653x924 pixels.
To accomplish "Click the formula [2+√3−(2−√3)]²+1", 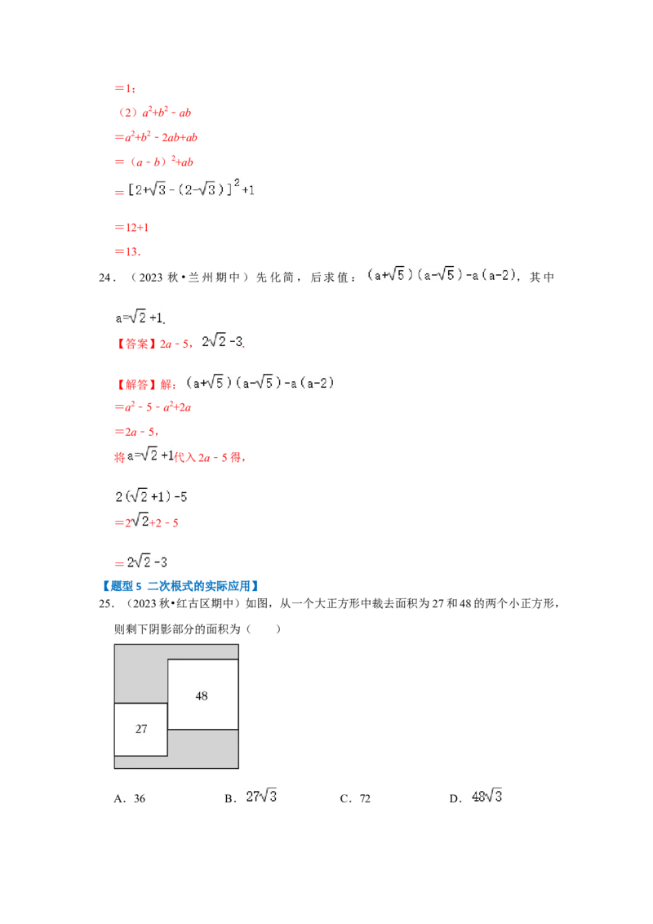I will point(193,190).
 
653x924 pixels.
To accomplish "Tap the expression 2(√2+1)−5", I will point(151,496).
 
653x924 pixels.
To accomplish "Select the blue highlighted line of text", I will point(180,586).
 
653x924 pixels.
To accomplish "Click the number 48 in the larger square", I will point(202,695).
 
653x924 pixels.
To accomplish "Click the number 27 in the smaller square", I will point(141,729).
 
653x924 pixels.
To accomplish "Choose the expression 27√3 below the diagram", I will point(261,794).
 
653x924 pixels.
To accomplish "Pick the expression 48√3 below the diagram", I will point(486,794).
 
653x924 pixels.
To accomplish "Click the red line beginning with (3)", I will point(155,113).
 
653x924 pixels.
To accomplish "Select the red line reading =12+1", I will point(131,228).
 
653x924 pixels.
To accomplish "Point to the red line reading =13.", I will point(127,253).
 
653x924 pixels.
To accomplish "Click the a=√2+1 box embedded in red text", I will point(150,455).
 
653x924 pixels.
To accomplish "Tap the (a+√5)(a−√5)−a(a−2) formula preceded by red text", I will point(258,382).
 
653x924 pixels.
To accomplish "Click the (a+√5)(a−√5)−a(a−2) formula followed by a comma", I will point(441,275).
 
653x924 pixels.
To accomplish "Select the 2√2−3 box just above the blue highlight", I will point(147,562).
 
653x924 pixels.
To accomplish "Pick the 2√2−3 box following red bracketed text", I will point(221,342).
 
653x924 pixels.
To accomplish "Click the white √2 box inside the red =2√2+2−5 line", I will point(140,521).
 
